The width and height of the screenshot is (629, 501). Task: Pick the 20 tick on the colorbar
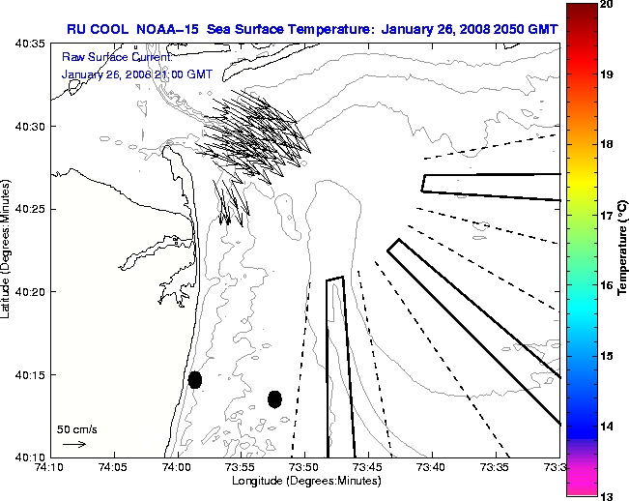(607, 5)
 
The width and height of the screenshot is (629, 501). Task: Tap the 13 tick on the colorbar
(607, 495)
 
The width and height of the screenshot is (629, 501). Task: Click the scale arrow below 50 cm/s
(73, 444)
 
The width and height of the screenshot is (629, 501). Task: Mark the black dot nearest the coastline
(195, 379)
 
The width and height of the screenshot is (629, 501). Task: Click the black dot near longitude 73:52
(274, 398)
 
